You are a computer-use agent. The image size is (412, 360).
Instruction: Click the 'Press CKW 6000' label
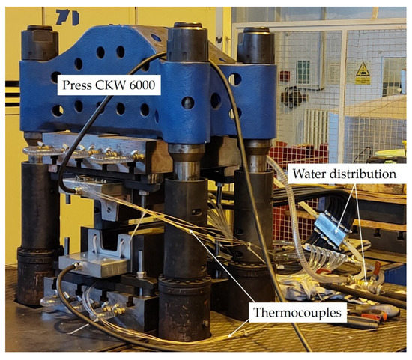109,86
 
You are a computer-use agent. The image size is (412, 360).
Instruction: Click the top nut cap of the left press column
39,43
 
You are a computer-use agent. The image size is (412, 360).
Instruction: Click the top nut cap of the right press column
255,45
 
